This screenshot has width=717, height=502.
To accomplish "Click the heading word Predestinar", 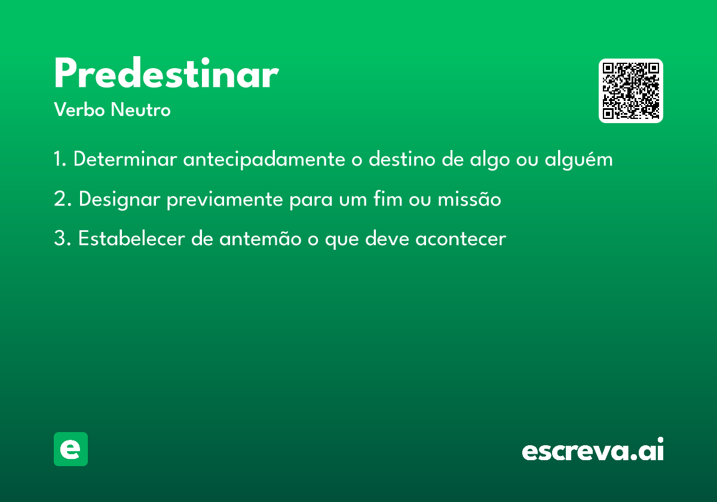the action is [167, 72].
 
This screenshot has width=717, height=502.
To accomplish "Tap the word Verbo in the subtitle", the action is [79, 109].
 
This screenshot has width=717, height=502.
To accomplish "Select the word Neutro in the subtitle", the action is [140, 109].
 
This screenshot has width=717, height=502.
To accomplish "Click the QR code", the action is [630, 91].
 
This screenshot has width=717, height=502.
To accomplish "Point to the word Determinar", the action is [125, 159].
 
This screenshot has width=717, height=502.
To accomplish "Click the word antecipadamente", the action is [264, 160].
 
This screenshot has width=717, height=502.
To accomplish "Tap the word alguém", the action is [579, 160].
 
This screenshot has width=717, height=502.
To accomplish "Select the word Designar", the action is [119, 199].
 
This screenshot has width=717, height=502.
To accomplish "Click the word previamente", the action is [225, 200].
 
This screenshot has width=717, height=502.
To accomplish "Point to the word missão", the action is [469, 198].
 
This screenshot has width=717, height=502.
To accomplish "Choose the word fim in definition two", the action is [388, 198].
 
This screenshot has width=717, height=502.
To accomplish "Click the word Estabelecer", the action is [131, 238].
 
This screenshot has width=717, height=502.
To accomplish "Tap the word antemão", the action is [261, 239].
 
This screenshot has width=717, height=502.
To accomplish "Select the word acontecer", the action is [461, 239].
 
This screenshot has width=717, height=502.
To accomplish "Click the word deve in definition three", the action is [387, 238].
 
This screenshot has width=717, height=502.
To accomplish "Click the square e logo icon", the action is [71, 449].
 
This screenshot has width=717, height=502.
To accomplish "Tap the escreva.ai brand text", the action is [593, 449].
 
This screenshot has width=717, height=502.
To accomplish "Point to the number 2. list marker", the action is [62, 199].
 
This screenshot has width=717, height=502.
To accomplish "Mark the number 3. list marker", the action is [62, 238].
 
